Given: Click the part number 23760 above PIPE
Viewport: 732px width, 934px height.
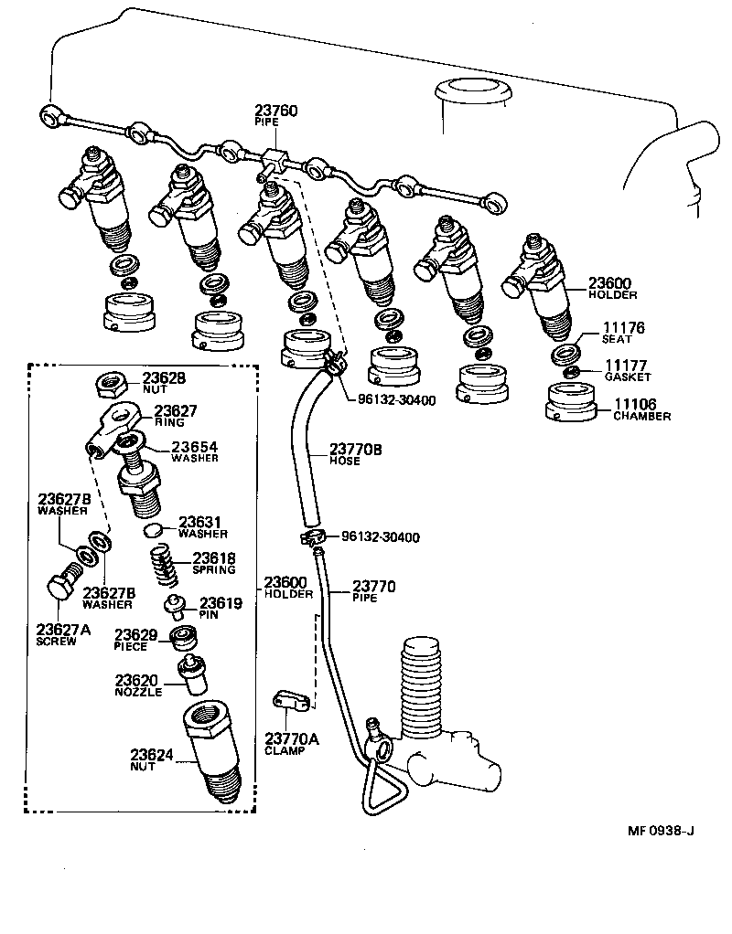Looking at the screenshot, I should (275, 111).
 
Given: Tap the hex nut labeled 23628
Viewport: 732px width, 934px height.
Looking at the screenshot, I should (110, 381).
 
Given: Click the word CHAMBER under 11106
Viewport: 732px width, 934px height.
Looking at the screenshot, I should (642, 417).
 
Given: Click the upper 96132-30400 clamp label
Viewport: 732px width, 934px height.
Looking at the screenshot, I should (384, 399).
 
